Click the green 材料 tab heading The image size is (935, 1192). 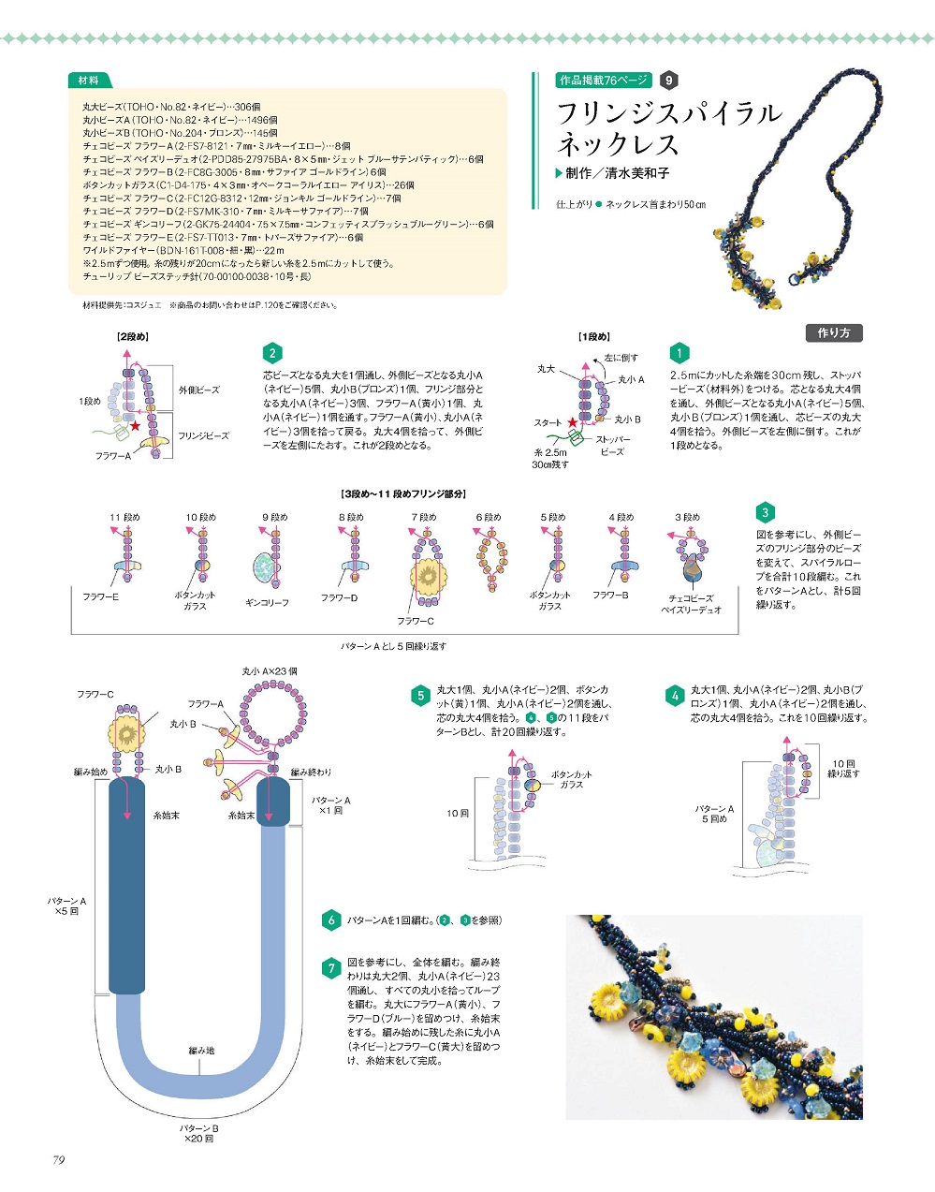[89, 81]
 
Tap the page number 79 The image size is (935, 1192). [59, 1160]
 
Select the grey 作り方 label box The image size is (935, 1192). [834, 333]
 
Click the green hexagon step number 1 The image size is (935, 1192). [679, 353]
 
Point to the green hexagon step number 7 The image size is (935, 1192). [331, 968]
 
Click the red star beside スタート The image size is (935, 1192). [572, 422]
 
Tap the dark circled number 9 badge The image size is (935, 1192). [668, 81]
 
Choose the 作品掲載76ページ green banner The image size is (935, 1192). [604, 81]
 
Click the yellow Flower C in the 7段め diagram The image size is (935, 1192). [429, 576]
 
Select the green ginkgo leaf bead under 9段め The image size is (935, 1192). [267, 567]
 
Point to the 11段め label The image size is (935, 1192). [125, 517]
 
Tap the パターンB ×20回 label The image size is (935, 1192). [199, 1133]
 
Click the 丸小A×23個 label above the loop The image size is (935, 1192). [270, 670]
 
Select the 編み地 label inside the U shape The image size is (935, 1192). [201, 1051]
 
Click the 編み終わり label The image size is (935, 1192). [311, 772]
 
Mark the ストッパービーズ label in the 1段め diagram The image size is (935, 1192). [613, 446]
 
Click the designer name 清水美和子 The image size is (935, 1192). [637, 173]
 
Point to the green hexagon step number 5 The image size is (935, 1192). [420, 696]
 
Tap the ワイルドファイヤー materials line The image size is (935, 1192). [183, 251]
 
